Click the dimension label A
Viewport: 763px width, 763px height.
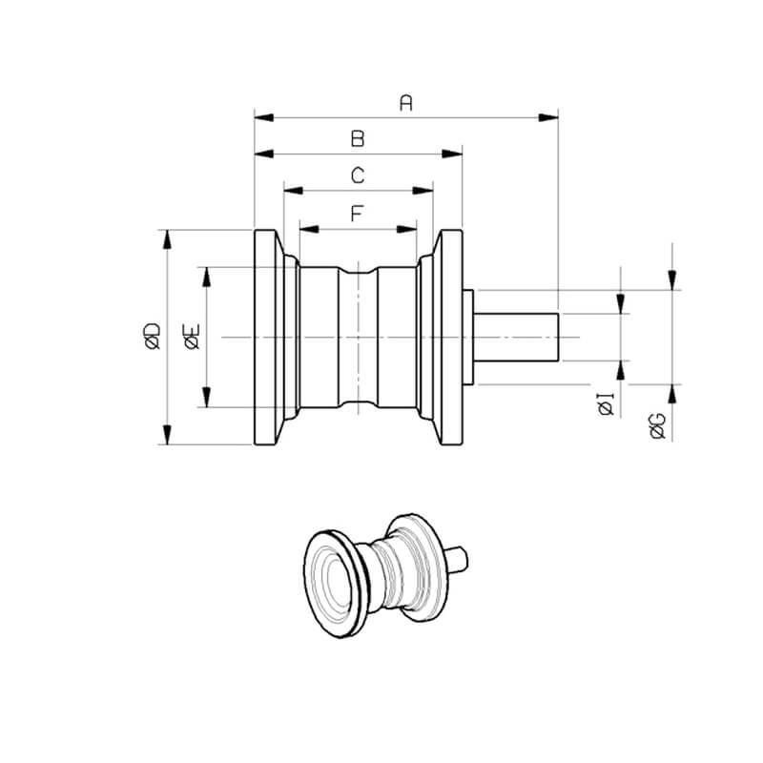(406, 103)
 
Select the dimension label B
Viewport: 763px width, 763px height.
(358, 138)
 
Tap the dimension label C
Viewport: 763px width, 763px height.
(358, 175)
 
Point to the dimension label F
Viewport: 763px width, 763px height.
(357, 213)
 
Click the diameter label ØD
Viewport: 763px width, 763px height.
(153, 337)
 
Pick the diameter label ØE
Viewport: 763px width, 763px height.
(192, 337)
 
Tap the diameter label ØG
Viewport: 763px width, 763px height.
(658, 426)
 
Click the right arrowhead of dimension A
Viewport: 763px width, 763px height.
(547, 117)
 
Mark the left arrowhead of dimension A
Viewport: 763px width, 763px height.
(264, 117)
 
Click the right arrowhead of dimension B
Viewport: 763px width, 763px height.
(452, 155)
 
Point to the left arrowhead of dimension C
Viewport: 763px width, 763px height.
(294, 190)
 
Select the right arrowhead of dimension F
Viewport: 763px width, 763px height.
(407, 229)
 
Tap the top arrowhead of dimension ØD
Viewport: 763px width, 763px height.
(168, 239)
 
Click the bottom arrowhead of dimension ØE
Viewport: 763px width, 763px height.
(207, 397)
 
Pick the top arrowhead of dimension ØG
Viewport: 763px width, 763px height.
(672, 280)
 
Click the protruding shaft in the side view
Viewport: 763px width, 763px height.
(516, 338)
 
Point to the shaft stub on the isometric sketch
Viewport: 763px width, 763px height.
(457, 559)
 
